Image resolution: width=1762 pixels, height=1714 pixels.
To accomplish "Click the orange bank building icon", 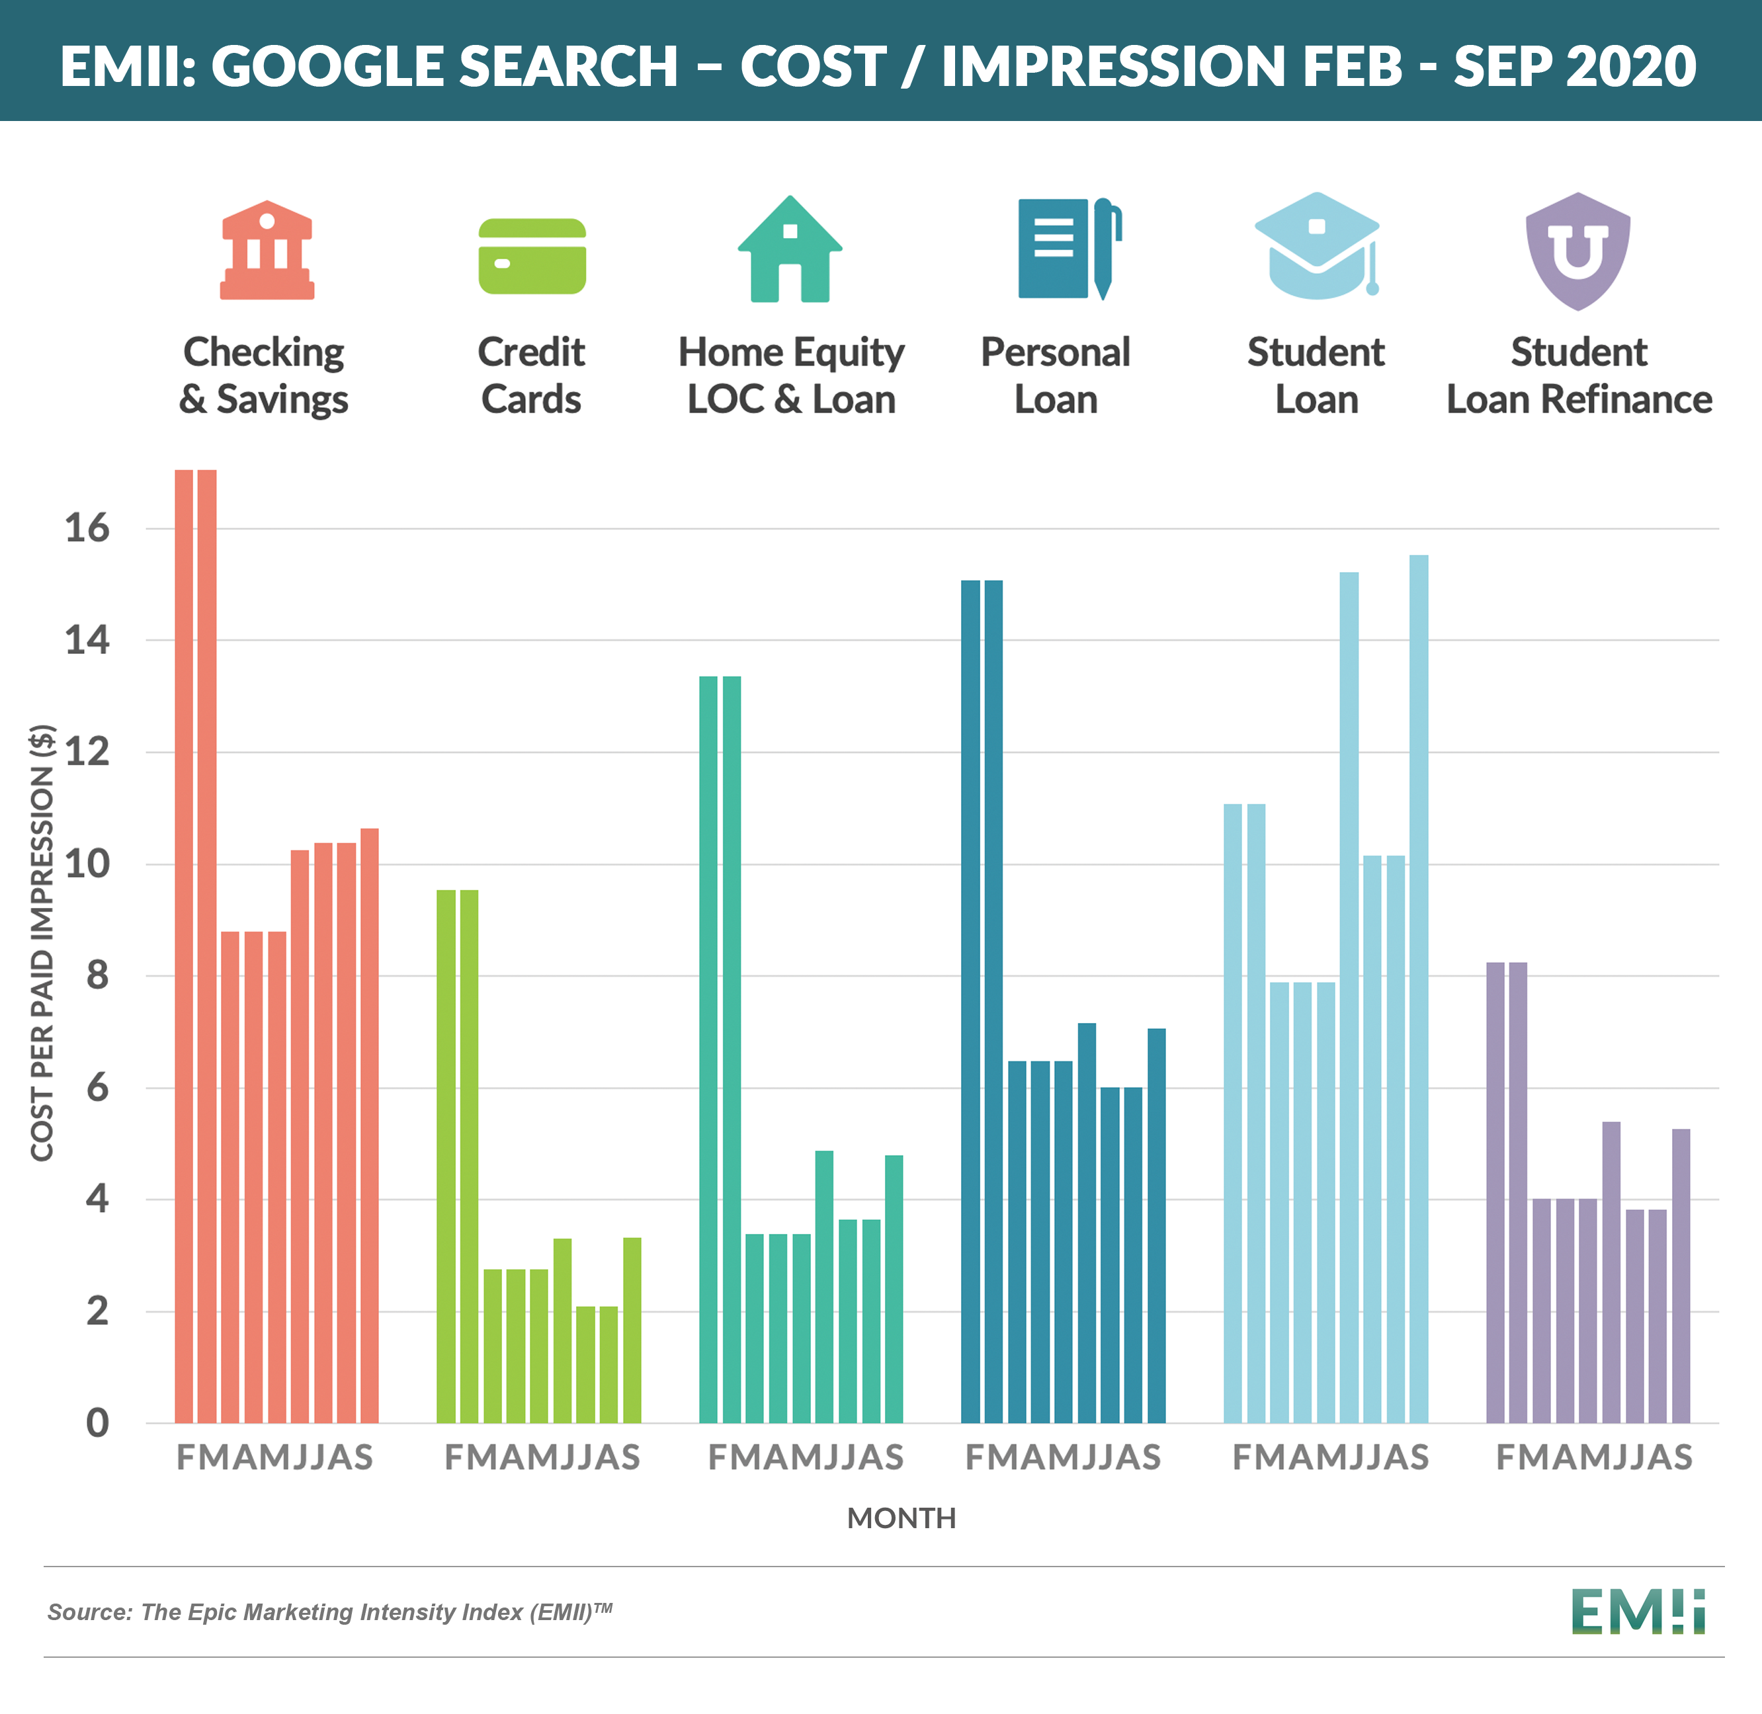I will pos(267,250).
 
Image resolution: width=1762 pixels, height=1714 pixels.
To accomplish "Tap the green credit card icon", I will pos(532,257).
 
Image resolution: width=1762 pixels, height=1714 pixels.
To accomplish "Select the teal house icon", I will pos(790,250).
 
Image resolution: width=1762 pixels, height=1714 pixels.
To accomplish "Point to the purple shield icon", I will pos(1577,251).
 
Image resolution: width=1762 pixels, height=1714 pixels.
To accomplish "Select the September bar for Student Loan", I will pos(1418,990).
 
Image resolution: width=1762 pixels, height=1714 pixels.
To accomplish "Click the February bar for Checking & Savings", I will pos(184,945).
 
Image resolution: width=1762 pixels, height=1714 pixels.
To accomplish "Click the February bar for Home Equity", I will pos(708,1049).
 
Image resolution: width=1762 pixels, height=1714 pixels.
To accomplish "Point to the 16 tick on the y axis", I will pos(87,528).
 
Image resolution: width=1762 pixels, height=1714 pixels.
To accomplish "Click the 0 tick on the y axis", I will pos(97,1423).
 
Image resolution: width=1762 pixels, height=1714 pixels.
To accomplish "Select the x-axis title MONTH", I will pos(902,1519).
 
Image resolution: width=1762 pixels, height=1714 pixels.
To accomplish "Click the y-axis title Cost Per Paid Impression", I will pos(42,942).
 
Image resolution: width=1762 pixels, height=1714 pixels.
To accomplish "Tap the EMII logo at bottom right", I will pos(1638,1612).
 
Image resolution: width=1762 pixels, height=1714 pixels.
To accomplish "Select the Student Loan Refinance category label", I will pos(1578,376).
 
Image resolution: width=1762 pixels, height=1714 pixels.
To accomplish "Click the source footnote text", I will pos(329,1612).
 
